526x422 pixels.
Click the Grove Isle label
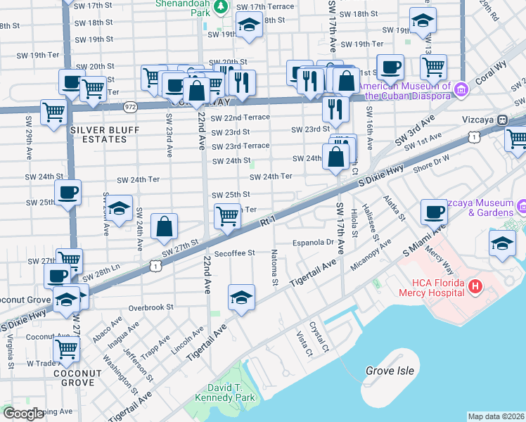(x=390, y=370)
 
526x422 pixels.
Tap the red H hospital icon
(x=475, y=286)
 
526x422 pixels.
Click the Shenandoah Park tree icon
(x=221, y=6)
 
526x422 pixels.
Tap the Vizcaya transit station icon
(x=503, y=120)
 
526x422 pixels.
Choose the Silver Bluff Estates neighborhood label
(x=98, y=134)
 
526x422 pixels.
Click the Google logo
(x=23, y=414)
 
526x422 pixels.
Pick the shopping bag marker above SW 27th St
(x=164, y=226)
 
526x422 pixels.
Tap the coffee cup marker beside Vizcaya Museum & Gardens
(x=434, y=211)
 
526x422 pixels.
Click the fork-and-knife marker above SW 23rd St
(x=335, y=108)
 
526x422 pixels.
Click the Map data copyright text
(x=496, y=416)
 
